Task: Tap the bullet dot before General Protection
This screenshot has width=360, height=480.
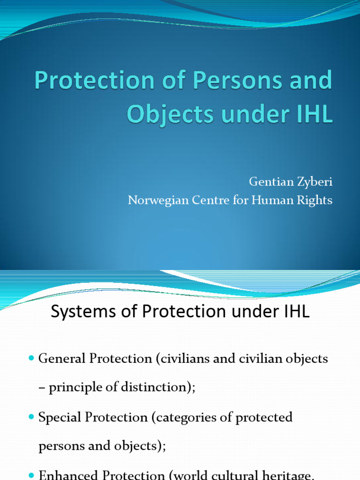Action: coord(31,358)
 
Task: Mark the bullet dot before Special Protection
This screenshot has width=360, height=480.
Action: coord(31,416)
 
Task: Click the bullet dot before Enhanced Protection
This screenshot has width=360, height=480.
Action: coord(31,474)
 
